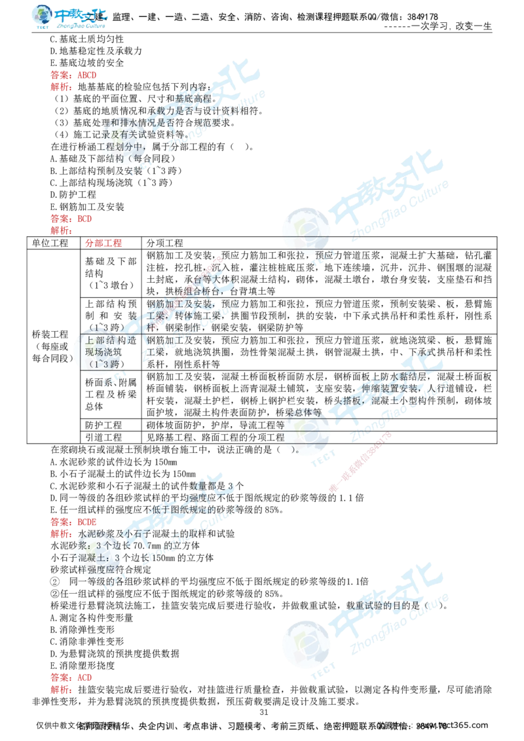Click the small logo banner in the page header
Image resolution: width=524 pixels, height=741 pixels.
pyautogui.click(x=70, y=18)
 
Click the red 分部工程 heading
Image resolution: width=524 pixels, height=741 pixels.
pyautogui.click(x=104, y=244)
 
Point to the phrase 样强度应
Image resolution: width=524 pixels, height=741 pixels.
pyautogui.click(x=98, y=568)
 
